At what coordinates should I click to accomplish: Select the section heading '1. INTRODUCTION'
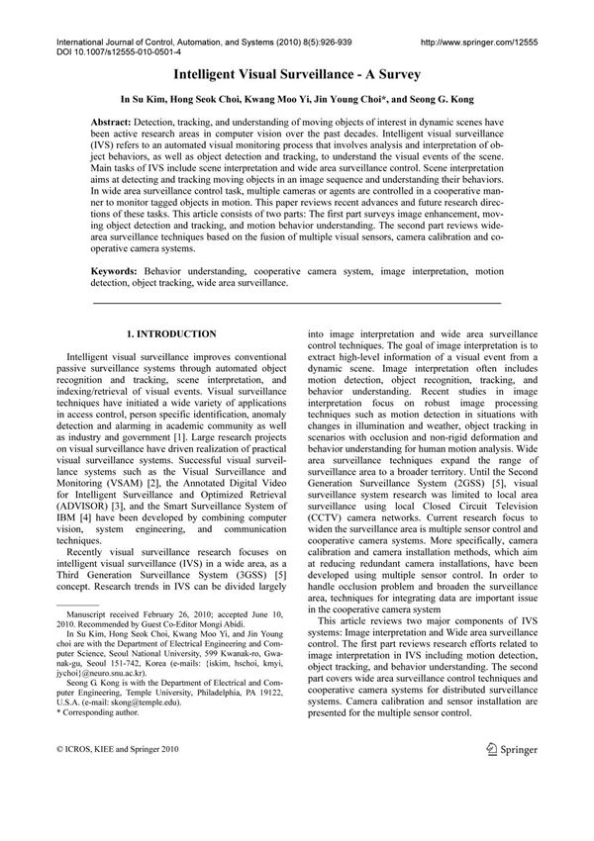173,334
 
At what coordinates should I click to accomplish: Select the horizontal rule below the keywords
297,301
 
